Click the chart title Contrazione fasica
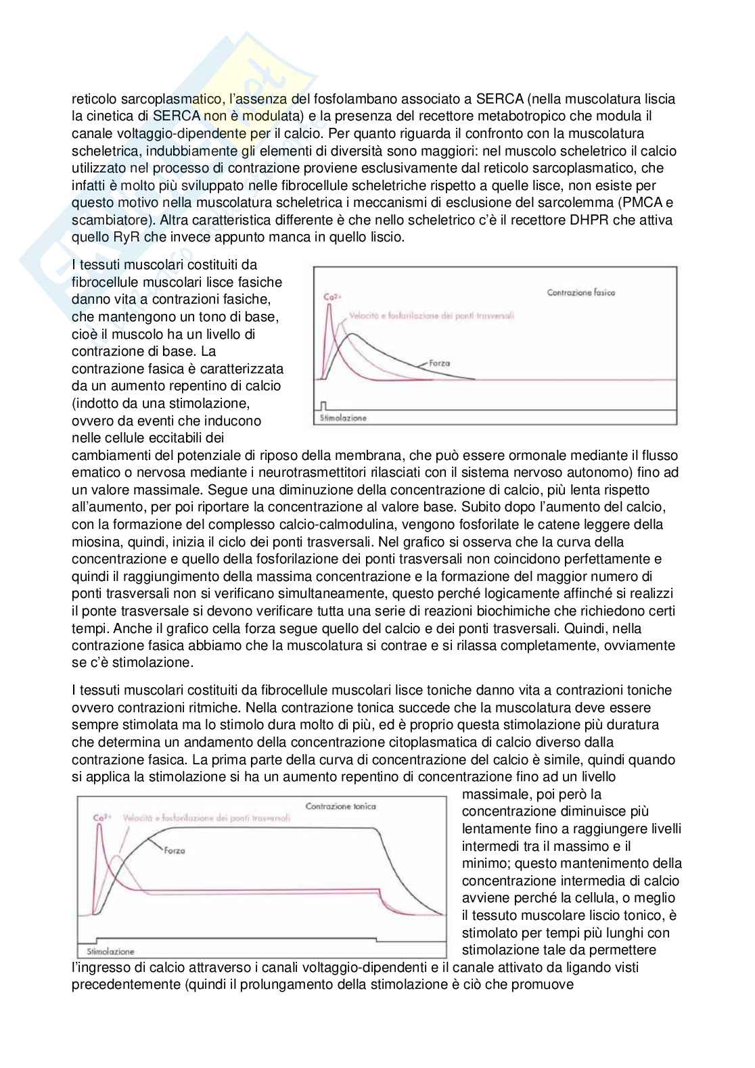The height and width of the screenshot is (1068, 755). tap(580, 293)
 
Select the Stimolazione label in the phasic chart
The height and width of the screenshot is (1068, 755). tap(343, 418)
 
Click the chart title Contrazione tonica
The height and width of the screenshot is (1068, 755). tap(340, 806)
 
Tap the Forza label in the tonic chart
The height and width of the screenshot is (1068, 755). tap(174, 850)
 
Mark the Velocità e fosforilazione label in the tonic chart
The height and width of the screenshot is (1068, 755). tap(206, 818)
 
